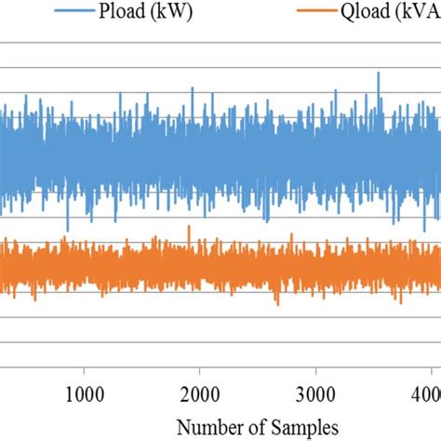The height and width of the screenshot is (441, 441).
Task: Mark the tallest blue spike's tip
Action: [378, 73]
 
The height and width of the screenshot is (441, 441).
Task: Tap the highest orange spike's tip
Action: [187, 225]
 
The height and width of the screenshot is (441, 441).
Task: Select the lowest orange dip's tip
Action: [276, 305]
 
